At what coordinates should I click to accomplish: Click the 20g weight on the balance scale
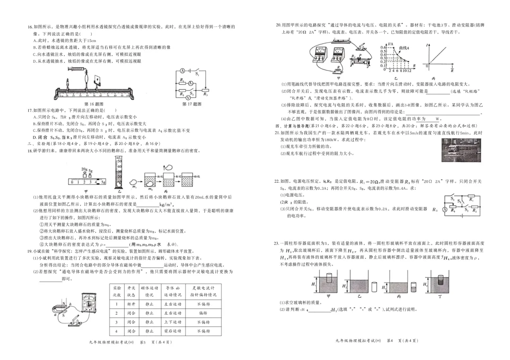(84, 171)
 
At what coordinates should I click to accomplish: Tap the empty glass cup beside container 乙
(374, 286)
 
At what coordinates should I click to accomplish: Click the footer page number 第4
(390, 340)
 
